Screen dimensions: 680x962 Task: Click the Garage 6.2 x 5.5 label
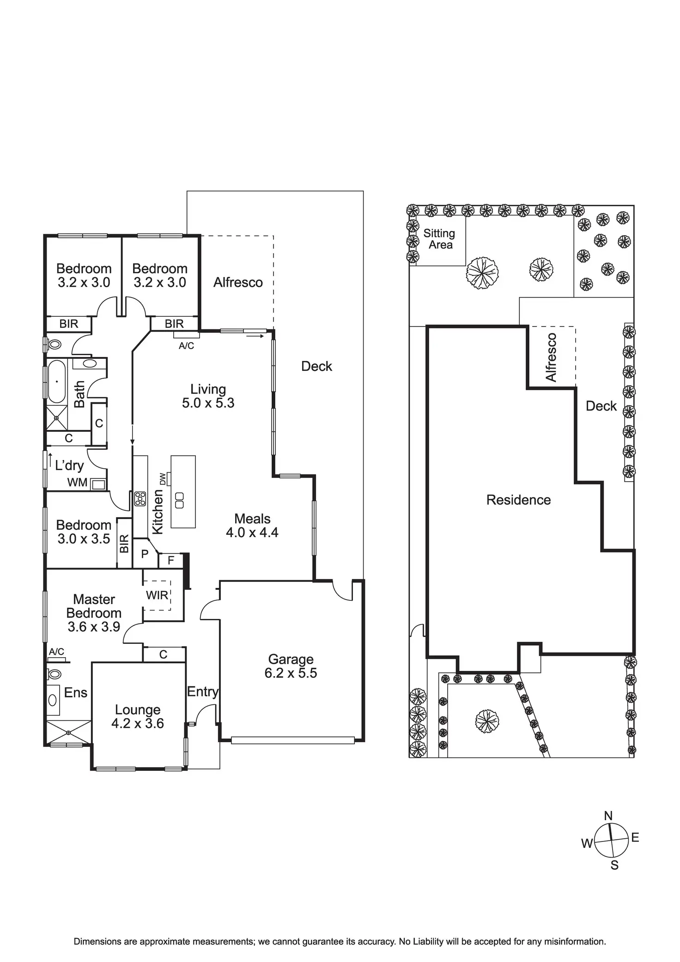[x=291, y=666]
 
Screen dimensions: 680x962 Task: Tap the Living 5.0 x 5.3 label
[x=208, y=396]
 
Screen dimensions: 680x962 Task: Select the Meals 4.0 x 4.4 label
[x=252, y=526]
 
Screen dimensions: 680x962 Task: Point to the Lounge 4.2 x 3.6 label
[x=138, y=716]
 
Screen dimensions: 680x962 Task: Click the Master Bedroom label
[x=94, y=606]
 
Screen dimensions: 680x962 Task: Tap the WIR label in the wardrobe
[x=157, y=595]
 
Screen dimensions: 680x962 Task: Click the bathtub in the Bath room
[x=57, y=381]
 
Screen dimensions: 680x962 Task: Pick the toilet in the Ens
[x=54, y=674]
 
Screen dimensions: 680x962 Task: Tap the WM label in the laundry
[x=77, y=483]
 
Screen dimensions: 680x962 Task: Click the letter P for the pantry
[x=145, y=554]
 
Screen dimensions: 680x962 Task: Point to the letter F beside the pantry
[x=171, y=561]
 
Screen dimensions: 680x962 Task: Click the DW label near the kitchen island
[x=162, y=479]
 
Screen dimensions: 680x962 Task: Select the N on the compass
[x=608, y=816]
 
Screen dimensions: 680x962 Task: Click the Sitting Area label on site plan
[x=439, y=239]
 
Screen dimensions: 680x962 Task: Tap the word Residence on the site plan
[x=518, y=500]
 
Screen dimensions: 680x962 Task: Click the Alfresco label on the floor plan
[x=238, y=282]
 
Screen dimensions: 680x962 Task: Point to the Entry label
[x=203, y=692]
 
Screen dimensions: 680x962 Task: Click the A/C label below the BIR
[x=186, y=346]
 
